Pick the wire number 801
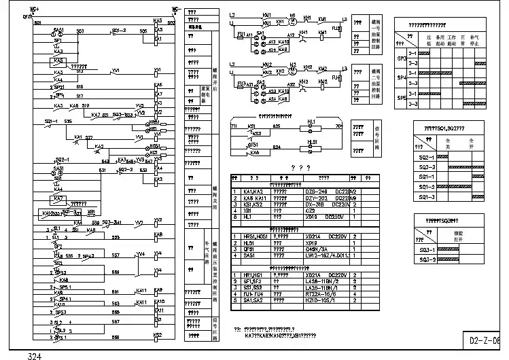coord(37,23)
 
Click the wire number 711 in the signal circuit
coord(234,126)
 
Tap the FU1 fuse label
coord(239,33)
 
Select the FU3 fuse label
coord(239,83)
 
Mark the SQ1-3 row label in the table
coord(426,197)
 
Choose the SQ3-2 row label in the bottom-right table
coord(427,259)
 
